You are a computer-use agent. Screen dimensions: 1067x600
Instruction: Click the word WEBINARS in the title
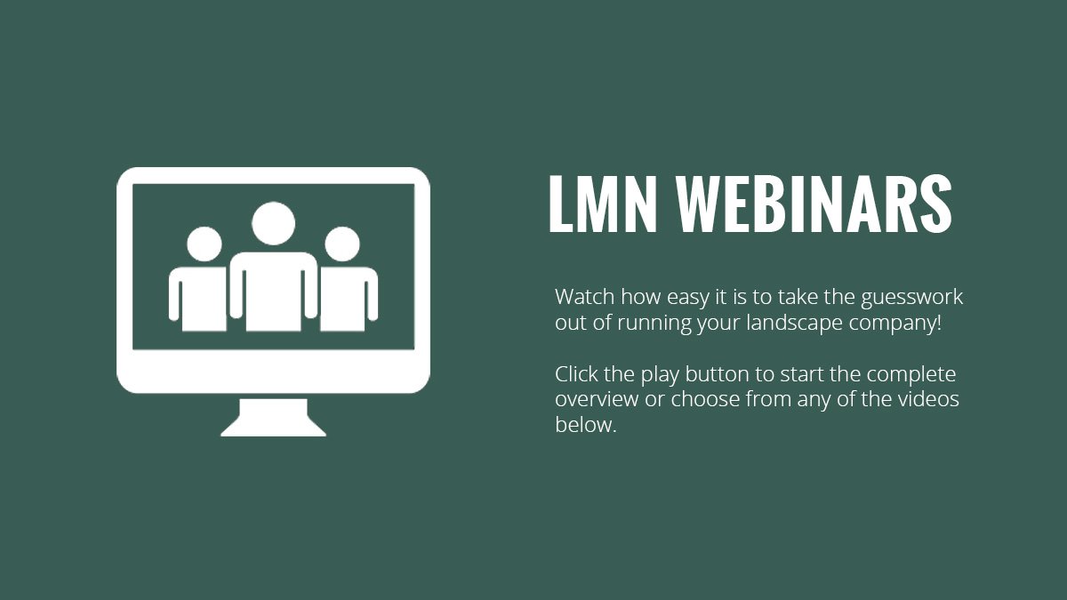pyautogui.click(x=814, y=204)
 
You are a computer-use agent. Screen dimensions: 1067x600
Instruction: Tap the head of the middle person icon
pyautogui.click(x=274, y=223)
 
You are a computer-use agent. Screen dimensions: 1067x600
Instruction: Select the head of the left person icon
pyautogui.click(x=205, y=244)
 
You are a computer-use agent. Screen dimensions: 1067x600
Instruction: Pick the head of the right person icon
pyautogui.click(x=342, y=244)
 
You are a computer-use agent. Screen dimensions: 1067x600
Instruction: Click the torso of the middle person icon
pyautogui.click(x=274, y=292)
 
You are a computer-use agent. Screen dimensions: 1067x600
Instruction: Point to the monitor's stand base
pyautogui.click(x=274, y=418)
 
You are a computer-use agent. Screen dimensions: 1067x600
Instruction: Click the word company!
pyautogui.click(x=895, y=324)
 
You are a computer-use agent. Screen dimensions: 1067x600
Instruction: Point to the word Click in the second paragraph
pyautogui.click(x=576, y=374)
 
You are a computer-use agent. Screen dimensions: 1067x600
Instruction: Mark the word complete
pyautogui.click(x=911, y=376)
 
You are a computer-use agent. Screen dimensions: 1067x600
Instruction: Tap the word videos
pyautogui.click(x=929, y=399)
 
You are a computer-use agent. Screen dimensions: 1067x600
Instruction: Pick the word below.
pyautogui.click(x=586, y=424)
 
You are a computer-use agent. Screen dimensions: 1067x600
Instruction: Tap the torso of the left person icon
pyautogui.click(x=197, y=299)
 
